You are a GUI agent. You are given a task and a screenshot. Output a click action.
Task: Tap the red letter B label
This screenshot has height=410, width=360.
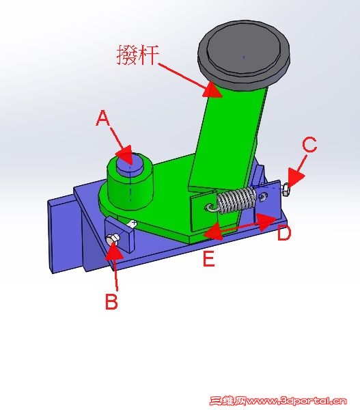coord(111,301)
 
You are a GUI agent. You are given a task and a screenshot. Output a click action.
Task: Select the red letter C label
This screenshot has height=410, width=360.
coord(309,146)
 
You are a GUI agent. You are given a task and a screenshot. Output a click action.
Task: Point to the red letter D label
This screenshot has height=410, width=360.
coord(284,234)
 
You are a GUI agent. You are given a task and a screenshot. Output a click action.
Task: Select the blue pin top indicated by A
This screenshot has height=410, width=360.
coord(126,163)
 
